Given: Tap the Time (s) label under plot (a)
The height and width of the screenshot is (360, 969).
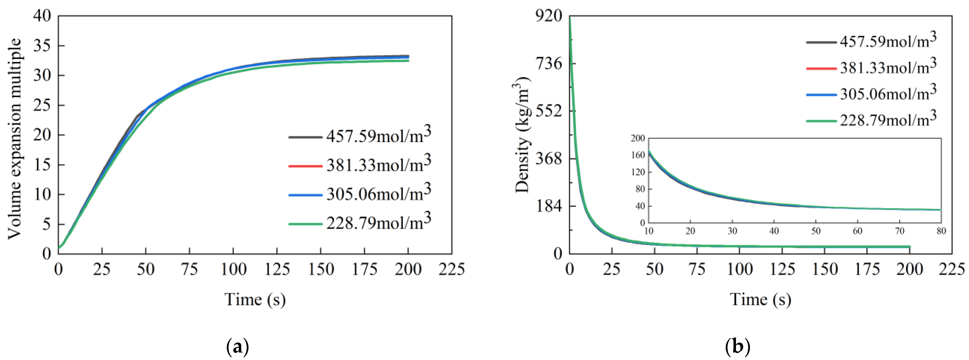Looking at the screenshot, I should click(x=255, y=299).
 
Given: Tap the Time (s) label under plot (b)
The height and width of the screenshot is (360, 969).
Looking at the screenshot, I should click(x=761, y=299).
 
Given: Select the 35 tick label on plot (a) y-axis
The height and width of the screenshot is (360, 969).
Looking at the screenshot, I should click(x=42, y=46).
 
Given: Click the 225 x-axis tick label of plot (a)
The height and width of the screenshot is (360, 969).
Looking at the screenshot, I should click(x=451, y=269).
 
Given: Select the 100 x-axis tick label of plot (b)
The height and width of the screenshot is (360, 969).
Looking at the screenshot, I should click(x=739, y=269).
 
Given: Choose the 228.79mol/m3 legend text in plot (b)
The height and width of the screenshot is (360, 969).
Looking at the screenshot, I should click(x=888, y=119).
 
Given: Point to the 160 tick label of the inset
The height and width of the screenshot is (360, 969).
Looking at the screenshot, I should click(x=638, y=155).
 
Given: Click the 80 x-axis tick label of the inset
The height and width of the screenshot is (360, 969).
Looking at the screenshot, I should click(x=941, y=231).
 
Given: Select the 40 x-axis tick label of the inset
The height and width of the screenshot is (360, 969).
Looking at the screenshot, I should click(x=774, y=231).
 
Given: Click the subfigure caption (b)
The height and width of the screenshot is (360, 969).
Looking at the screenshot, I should click(x=737, y=347).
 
